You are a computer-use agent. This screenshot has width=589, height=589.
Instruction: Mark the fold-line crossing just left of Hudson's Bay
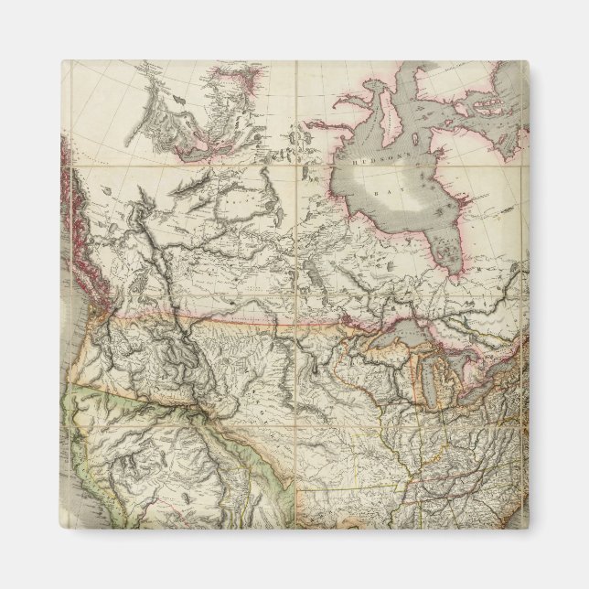296,167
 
